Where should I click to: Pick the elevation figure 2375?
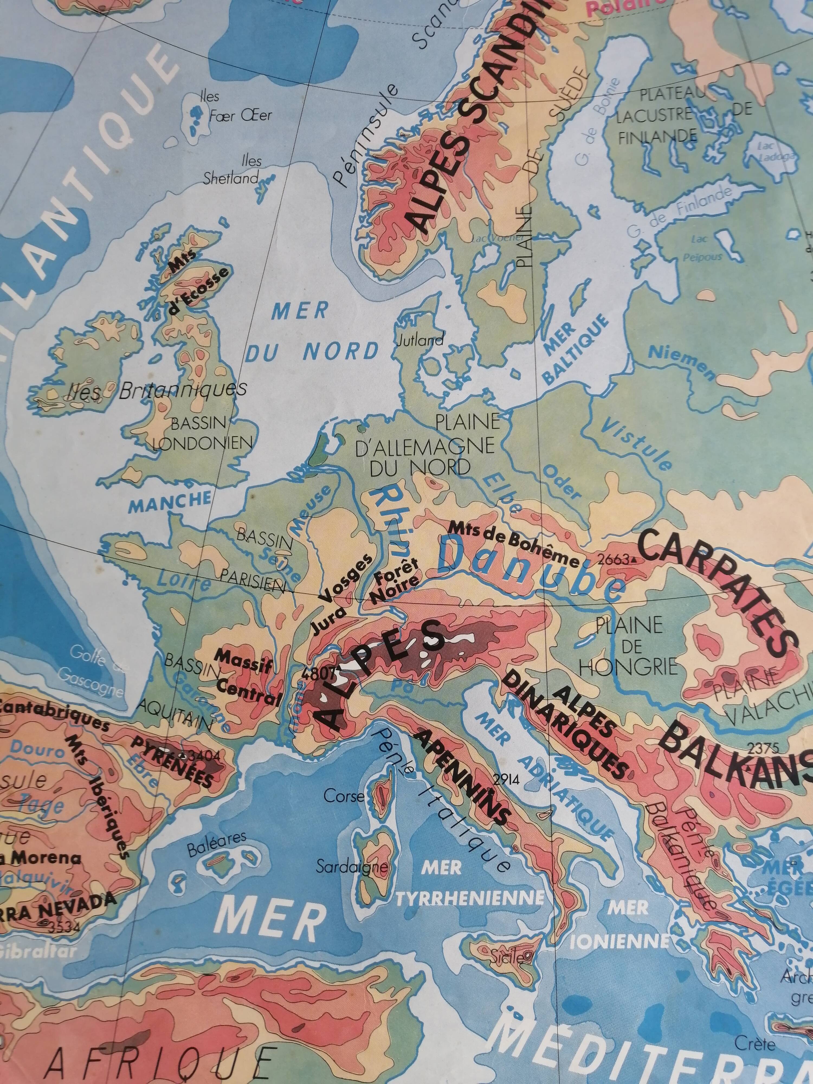click(x=763, y=748)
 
